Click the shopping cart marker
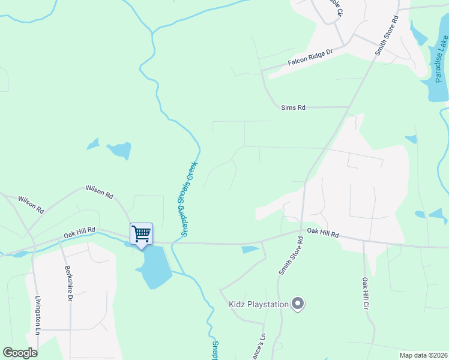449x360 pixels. coord(141,233)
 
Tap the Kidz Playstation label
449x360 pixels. coord(259,304)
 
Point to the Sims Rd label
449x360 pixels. coord(294,107)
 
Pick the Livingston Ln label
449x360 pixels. coord(37,316)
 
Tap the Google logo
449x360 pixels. coord(20,353)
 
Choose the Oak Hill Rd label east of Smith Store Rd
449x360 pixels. coord(323,232)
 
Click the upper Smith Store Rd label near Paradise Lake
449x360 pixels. coord(387,36)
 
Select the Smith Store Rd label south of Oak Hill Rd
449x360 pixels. coord(291,255)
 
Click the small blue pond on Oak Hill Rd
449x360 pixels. coord(250,250)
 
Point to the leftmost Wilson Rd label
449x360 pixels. coord(31,205)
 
